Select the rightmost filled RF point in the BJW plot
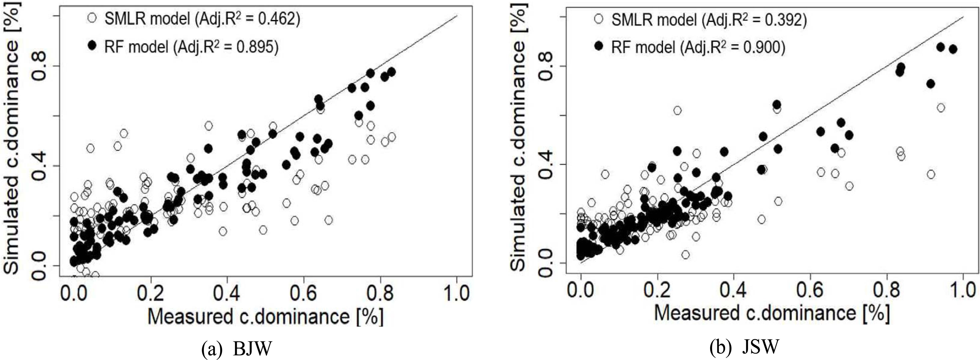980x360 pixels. click(x=392, y=72)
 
